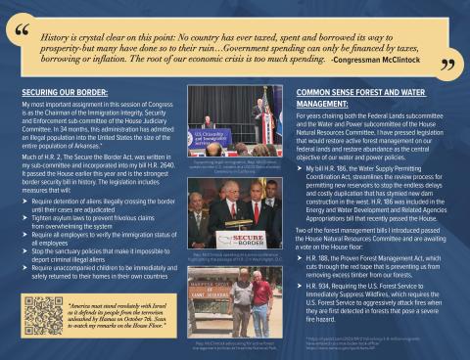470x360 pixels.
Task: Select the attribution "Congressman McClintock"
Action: coord(383,60)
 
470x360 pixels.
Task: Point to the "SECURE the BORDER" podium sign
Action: coord(241,238)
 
